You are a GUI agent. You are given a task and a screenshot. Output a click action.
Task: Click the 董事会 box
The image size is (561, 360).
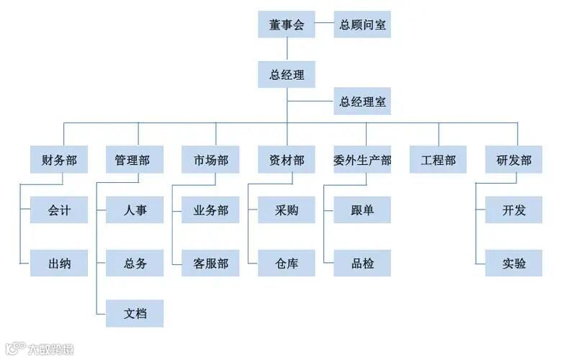(x=287, y=24)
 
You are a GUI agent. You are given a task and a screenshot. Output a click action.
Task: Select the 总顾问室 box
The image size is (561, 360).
(x=362, y=24)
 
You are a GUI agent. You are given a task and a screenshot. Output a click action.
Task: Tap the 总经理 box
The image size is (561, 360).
(x=287, y=74)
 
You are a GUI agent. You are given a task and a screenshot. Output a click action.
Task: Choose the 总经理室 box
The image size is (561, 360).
(x=362, y=102)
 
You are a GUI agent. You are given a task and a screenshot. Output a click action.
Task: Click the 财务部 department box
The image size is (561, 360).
(x=59, y=160)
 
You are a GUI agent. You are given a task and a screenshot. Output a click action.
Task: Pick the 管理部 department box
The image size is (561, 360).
(x=135, y=160)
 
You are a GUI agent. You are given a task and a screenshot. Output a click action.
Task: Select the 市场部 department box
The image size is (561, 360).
(x=210, y=160)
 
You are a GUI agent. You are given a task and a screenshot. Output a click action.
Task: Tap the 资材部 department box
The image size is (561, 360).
(x=287, y=160)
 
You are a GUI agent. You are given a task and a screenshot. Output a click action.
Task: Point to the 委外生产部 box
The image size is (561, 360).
(x=362, y=160)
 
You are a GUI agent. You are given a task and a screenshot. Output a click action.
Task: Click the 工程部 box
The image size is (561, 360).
(x=438, y=160)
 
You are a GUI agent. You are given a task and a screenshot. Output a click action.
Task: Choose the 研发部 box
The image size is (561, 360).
(x=513, y=160)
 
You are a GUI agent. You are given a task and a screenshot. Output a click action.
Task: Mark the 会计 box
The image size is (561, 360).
(x=59, y=210)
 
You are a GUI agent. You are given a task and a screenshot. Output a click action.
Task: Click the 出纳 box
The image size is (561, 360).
(x=59, y=263)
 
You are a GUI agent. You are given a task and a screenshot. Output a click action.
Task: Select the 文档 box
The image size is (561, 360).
(x=135, y=314)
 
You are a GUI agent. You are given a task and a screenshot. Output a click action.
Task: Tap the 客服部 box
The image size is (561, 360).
(x=210, y=263)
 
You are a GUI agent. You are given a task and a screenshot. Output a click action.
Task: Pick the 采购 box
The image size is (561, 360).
(x=287, y=210)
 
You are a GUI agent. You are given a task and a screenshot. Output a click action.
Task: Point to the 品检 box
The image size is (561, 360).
(x=362, y=263)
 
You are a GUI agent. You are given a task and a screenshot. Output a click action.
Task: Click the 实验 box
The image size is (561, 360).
(x=513, y=263)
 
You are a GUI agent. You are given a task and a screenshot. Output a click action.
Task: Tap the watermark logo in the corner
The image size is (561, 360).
(x=13, y=349)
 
